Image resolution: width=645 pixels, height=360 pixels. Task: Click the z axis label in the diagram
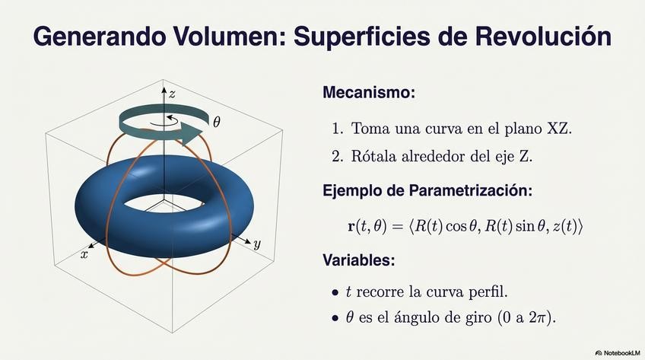173,94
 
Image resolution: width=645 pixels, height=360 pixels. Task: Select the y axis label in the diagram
257,244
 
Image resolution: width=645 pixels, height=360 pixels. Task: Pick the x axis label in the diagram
84,255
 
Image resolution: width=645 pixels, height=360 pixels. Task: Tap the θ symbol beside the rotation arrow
217,122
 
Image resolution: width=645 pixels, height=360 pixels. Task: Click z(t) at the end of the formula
564,226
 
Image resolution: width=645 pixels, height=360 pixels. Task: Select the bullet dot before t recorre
335,293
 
